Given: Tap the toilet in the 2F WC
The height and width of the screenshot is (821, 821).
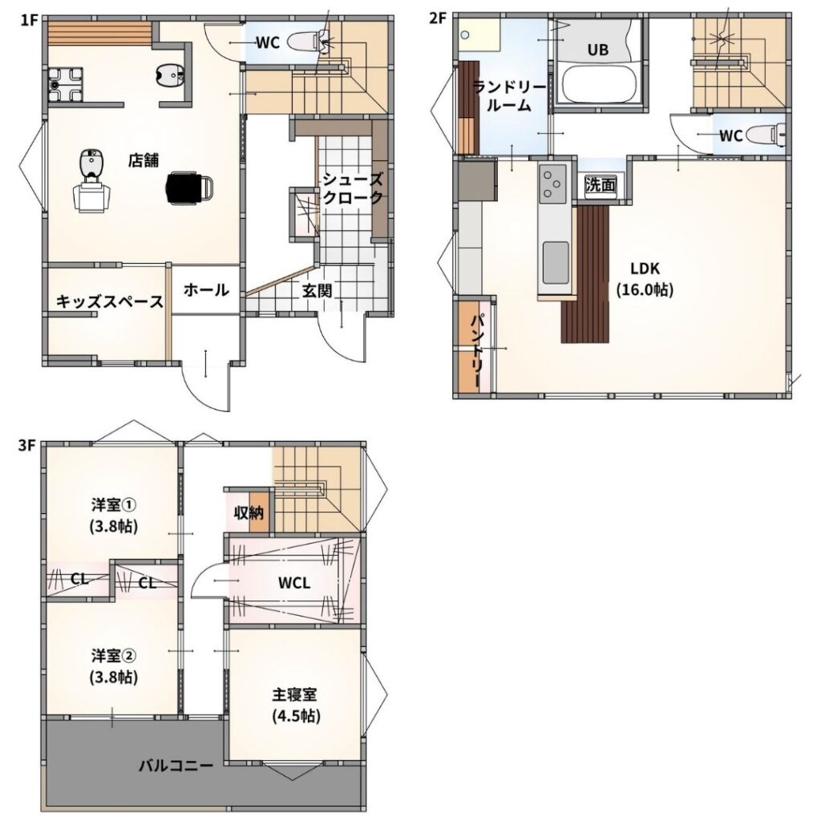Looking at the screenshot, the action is coord(766,135).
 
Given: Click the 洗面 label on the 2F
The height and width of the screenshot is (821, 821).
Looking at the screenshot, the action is coord(600,184).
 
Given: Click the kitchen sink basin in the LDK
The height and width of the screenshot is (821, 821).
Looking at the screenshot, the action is coord(555,262).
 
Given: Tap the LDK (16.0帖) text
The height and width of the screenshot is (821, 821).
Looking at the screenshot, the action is coord(645,279).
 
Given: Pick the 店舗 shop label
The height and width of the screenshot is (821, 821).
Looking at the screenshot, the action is coord(144,160).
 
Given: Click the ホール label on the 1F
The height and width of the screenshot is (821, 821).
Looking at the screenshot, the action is coord(206,289).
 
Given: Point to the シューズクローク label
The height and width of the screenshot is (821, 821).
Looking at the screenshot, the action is coord(353,188).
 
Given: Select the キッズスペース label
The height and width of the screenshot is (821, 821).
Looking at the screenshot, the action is coord(109,301).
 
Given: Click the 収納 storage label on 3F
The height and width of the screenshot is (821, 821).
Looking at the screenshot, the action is coord(249,512).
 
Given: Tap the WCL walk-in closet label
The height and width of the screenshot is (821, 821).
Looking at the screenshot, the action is coord(294,583).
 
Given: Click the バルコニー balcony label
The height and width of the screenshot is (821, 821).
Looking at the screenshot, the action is coord(176,766).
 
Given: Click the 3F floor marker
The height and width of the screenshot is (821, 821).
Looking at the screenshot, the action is coord(27,446).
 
